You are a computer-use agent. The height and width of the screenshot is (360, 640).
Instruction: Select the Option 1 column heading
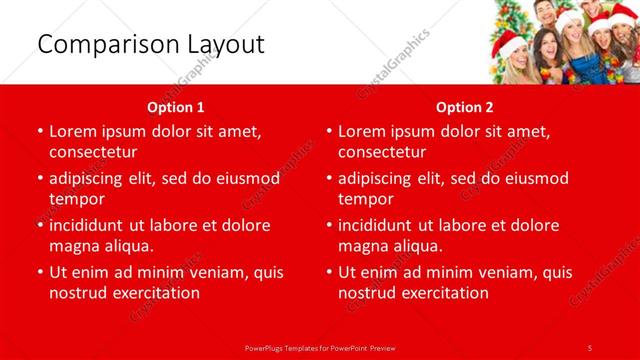pos(176,107)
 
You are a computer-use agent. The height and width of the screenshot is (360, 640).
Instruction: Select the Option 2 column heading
pos(465,107)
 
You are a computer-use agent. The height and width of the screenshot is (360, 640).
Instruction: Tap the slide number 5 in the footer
pos(590,347)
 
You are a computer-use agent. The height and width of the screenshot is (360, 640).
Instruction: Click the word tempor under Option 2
pos(366,198)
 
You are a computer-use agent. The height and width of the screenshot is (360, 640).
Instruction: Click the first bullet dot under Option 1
pos(39,132)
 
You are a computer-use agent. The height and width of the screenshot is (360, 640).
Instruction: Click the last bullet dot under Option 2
pos(329,272)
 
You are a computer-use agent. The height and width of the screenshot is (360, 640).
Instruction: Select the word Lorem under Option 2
pos(362,131)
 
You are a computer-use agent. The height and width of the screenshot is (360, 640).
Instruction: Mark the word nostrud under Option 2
pos(369,292)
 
